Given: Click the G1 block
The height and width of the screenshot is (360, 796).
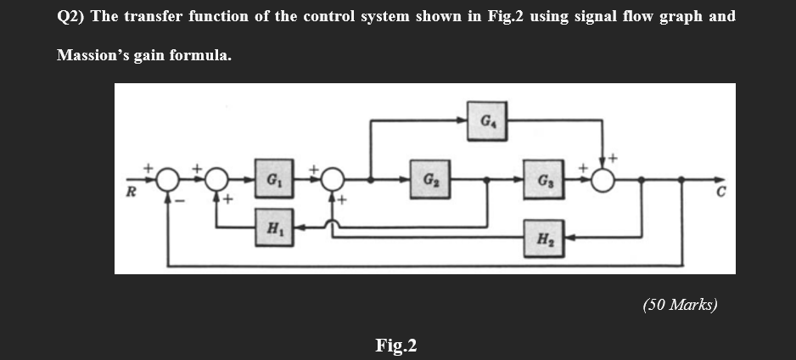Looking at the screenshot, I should [x=272, y=180].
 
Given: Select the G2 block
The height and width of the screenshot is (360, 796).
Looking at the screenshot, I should [x=429, y=180].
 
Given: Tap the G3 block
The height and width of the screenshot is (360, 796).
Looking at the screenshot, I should [x=540, y=180].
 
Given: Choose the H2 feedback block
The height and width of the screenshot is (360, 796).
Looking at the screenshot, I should [x=540, y=235].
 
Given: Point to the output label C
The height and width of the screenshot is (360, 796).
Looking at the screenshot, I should [x=718, y=192].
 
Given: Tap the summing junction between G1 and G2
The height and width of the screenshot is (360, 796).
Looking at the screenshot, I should [x=332, y=180].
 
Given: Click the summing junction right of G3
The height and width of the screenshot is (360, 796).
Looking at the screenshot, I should [x=603, y=180].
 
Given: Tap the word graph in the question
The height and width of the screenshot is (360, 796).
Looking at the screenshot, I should [x=675, y=17].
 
